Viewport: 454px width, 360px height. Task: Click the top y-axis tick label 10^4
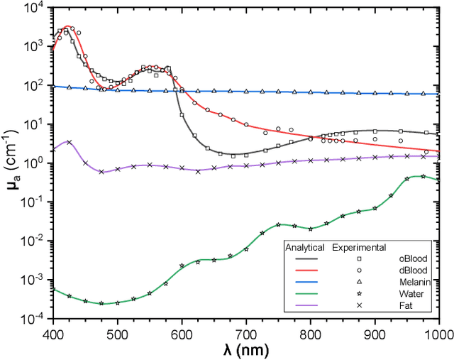(34, 9)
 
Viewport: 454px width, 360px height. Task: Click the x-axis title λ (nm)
(245, 349)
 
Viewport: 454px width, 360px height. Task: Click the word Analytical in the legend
(304, 248)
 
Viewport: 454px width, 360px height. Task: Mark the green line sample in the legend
(304, 294)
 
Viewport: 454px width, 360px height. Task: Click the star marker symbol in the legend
(360, 294)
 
